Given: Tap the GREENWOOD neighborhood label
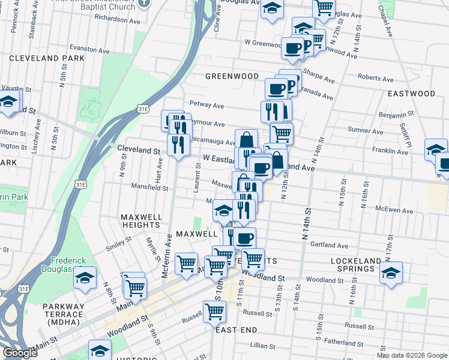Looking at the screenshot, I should [232, 76].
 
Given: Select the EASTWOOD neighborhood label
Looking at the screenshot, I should [411, 94].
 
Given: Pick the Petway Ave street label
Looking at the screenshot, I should [206, 106].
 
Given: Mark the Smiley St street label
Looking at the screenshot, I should [119, 243].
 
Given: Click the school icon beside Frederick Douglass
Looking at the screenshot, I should [86, 278].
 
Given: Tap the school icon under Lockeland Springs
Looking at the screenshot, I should [391, 272].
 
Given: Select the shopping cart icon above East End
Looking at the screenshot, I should [214, 311].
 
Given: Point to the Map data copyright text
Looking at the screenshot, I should [412, 355].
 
